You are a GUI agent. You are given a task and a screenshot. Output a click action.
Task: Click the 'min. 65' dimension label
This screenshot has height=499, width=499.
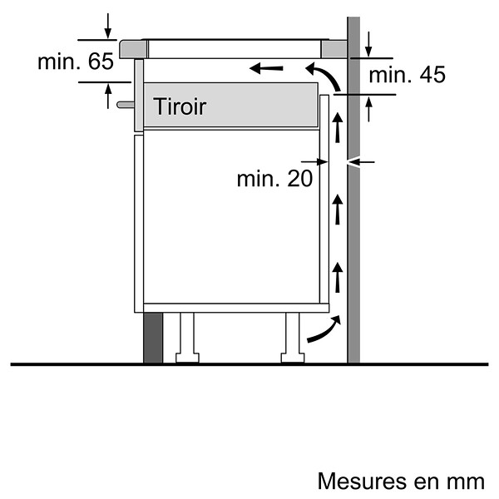tap(76, 62)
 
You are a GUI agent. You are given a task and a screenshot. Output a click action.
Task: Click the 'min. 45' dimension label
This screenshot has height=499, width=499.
tap(407, 75)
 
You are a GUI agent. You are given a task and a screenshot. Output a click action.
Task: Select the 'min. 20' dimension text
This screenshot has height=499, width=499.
tap(275, 179)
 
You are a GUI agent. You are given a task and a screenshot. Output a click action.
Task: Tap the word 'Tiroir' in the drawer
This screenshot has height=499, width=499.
tap(180, 106)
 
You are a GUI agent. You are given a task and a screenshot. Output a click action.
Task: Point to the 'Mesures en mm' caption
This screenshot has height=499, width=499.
tap(401, 481)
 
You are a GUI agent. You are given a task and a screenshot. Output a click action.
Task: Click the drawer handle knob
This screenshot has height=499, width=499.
tap(126, 105)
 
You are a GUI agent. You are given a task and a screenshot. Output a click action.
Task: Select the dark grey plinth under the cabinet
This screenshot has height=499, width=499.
tap(153, 338)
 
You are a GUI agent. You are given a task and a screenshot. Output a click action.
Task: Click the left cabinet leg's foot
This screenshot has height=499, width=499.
tap(187, 358)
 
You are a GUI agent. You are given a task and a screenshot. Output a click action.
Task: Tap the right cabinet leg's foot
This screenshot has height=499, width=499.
tap(293, 358)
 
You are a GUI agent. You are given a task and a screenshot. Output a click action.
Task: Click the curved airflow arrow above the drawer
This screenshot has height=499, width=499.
tap(325, 74)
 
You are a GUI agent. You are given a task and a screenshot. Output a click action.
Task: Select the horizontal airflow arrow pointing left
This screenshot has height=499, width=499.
tap(266, 68)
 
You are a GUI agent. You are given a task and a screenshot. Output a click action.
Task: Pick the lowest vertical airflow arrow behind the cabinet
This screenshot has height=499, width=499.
tap(338, 277)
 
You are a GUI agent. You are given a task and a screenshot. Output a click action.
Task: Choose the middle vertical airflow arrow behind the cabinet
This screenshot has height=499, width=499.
tap(338, 210)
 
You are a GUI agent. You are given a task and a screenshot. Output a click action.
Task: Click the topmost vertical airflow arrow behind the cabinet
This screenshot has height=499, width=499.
tap(338, 127)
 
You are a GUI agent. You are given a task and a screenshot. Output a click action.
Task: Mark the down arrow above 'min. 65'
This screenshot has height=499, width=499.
tap(108, 26)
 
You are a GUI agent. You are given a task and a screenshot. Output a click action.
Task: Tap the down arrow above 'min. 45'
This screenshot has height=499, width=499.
tap(368, 44)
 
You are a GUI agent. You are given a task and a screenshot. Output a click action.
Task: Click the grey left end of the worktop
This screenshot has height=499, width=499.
tap(134, 49)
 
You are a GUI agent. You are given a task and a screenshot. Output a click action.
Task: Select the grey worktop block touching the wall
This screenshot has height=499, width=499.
tap(333, 49)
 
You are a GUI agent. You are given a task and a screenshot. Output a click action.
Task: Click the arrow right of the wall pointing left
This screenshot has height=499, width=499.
tap(361, 162)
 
